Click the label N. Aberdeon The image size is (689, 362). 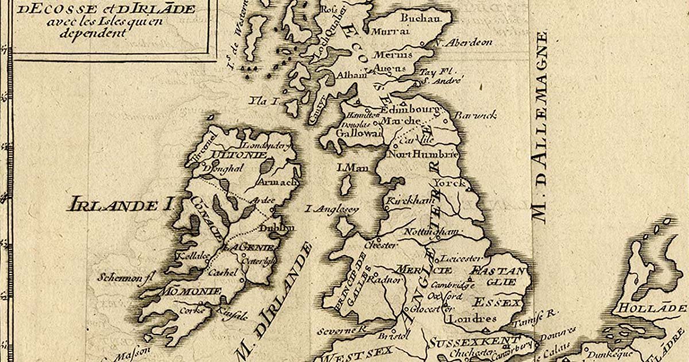(x=463, y=43)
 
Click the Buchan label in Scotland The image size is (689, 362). (x=419, y=19)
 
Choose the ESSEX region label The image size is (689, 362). (x=497, y=302)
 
